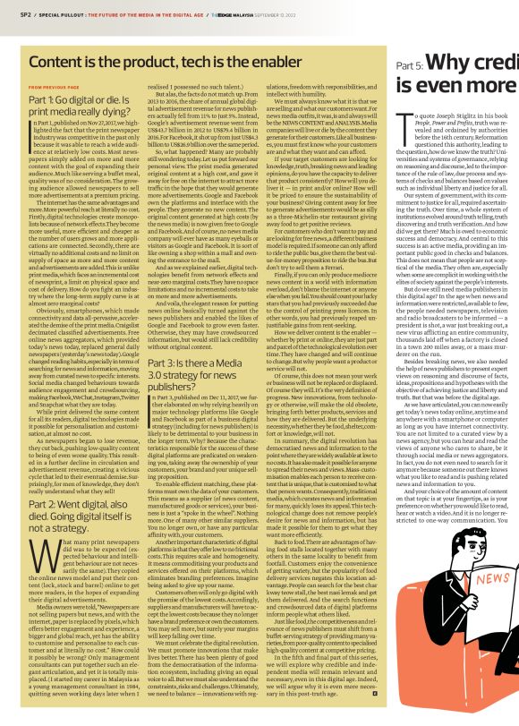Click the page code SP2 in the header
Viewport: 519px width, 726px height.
point(15,15)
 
